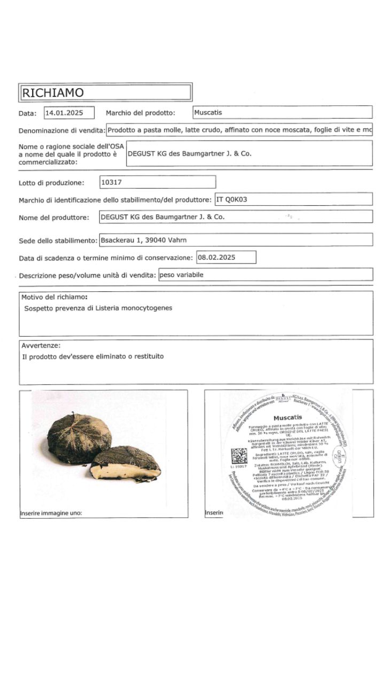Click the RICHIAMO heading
pos(52,92)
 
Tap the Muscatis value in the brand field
pos(208,113)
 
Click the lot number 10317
pos(112,182)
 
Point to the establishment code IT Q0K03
pos(233,199)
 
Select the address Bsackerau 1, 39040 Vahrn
pos(143,240)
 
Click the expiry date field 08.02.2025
pos(217,257)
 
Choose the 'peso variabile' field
pos(182,275)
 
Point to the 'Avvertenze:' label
pos(41,345)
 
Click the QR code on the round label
pos(239,457)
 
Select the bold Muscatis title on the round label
pos(287,417)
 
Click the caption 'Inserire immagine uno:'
pos(51,513)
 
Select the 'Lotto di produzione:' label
pos(51,183)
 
